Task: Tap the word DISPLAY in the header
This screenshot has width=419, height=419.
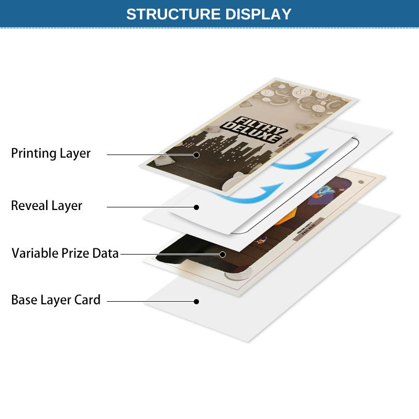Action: pos(258,14)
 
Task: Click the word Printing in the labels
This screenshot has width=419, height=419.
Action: pos(34,153)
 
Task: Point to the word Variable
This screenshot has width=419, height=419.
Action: pos(34,253)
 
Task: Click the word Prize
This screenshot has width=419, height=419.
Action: pos(75,253)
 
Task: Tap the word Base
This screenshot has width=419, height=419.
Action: pos(24,300)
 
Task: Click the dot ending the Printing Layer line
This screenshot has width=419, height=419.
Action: pos(196,155)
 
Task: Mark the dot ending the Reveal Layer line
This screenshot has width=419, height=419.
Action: pos(196,207)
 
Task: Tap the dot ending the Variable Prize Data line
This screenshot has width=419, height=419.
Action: pos(223,255)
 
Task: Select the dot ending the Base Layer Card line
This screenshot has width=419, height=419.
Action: pos(196,301)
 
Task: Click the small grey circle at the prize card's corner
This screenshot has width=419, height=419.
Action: pos(360,181)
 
